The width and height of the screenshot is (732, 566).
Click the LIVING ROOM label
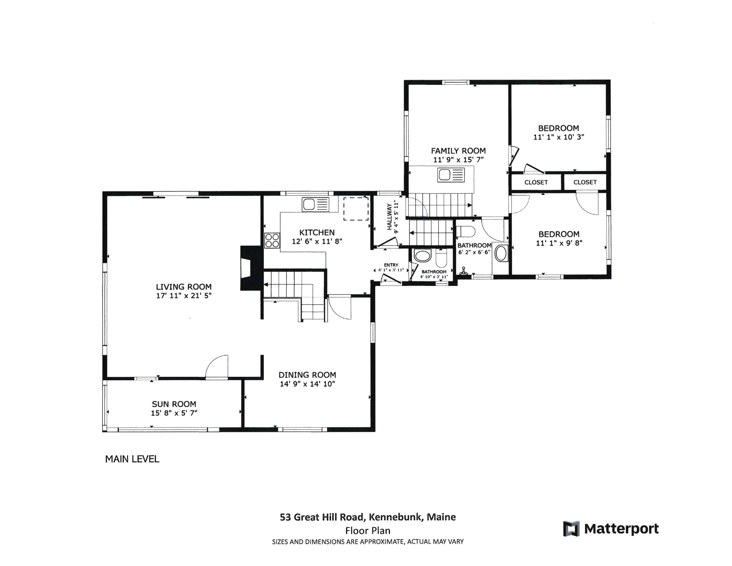pos(184,287)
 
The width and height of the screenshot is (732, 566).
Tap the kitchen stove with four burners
pos(272,240)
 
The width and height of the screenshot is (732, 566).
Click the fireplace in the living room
pos(251,268)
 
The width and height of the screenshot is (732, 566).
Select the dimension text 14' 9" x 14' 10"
pos(307,384)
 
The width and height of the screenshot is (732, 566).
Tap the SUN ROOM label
pos(174,404)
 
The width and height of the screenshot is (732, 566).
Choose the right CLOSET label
pos(585,182)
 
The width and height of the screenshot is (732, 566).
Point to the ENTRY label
pos(391,265)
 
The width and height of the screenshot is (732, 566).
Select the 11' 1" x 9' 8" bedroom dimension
pos(559,243)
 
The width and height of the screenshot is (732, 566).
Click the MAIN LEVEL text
pos(132,459)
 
